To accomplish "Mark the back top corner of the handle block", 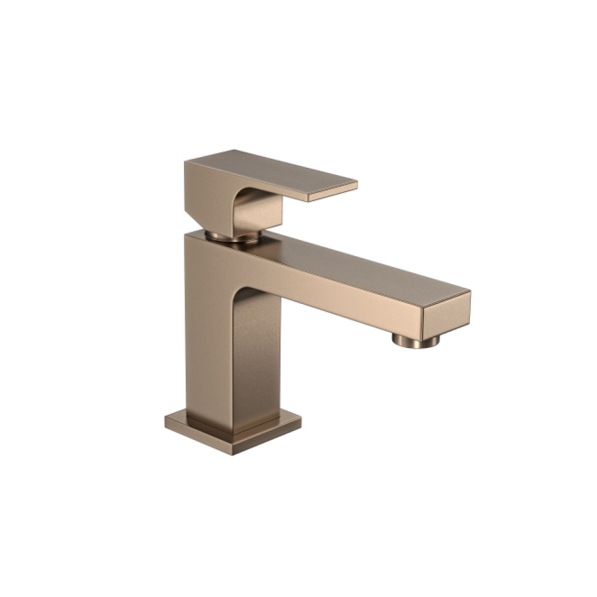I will click(234, 150).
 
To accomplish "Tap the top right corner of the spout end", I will click(469, 293).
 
